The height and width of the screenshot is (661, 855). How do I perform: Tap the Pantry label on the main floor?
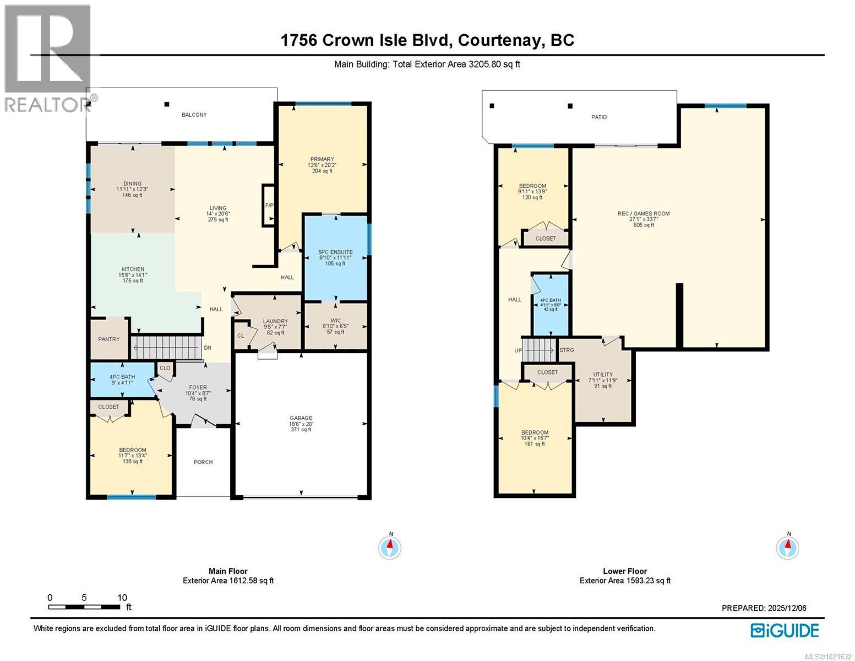point(108,339)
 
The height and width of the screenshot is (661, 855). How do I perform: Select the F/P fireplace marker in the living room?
point(269,205)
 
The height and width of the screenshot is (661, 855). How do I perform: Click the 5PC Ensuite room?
point(335,258)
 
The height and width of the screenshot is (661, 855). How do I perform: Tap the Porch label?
point(203,462)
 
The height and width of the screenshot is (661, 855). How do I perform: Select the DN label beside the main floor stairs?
point(208,348)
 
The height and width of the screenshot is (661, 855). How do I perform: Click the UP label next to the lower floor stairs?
point(518,350)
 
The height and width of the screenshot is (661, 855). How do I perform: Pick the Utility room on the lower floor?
point(603,380)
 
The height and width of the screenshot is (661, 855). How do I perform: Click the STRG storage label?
point(567,350)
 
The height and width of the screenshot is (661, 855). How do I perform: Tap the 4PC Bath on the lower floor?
point(550,304)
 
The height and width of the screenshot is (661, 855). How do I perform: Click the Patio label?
point(599,117)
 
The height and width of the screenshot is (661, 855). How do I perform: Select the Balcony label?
point(194,115)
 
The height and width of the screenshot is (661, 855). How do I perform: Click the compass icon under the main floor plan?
point(390,547)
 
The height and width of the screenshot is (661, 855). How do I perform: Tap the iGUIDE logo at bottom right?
point(785,630)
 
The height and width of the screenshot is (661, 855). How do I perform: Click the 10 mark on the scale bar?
point(122,598)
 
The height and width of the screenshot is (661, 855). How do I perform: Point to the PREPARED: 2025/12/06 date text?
point(764,608)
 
